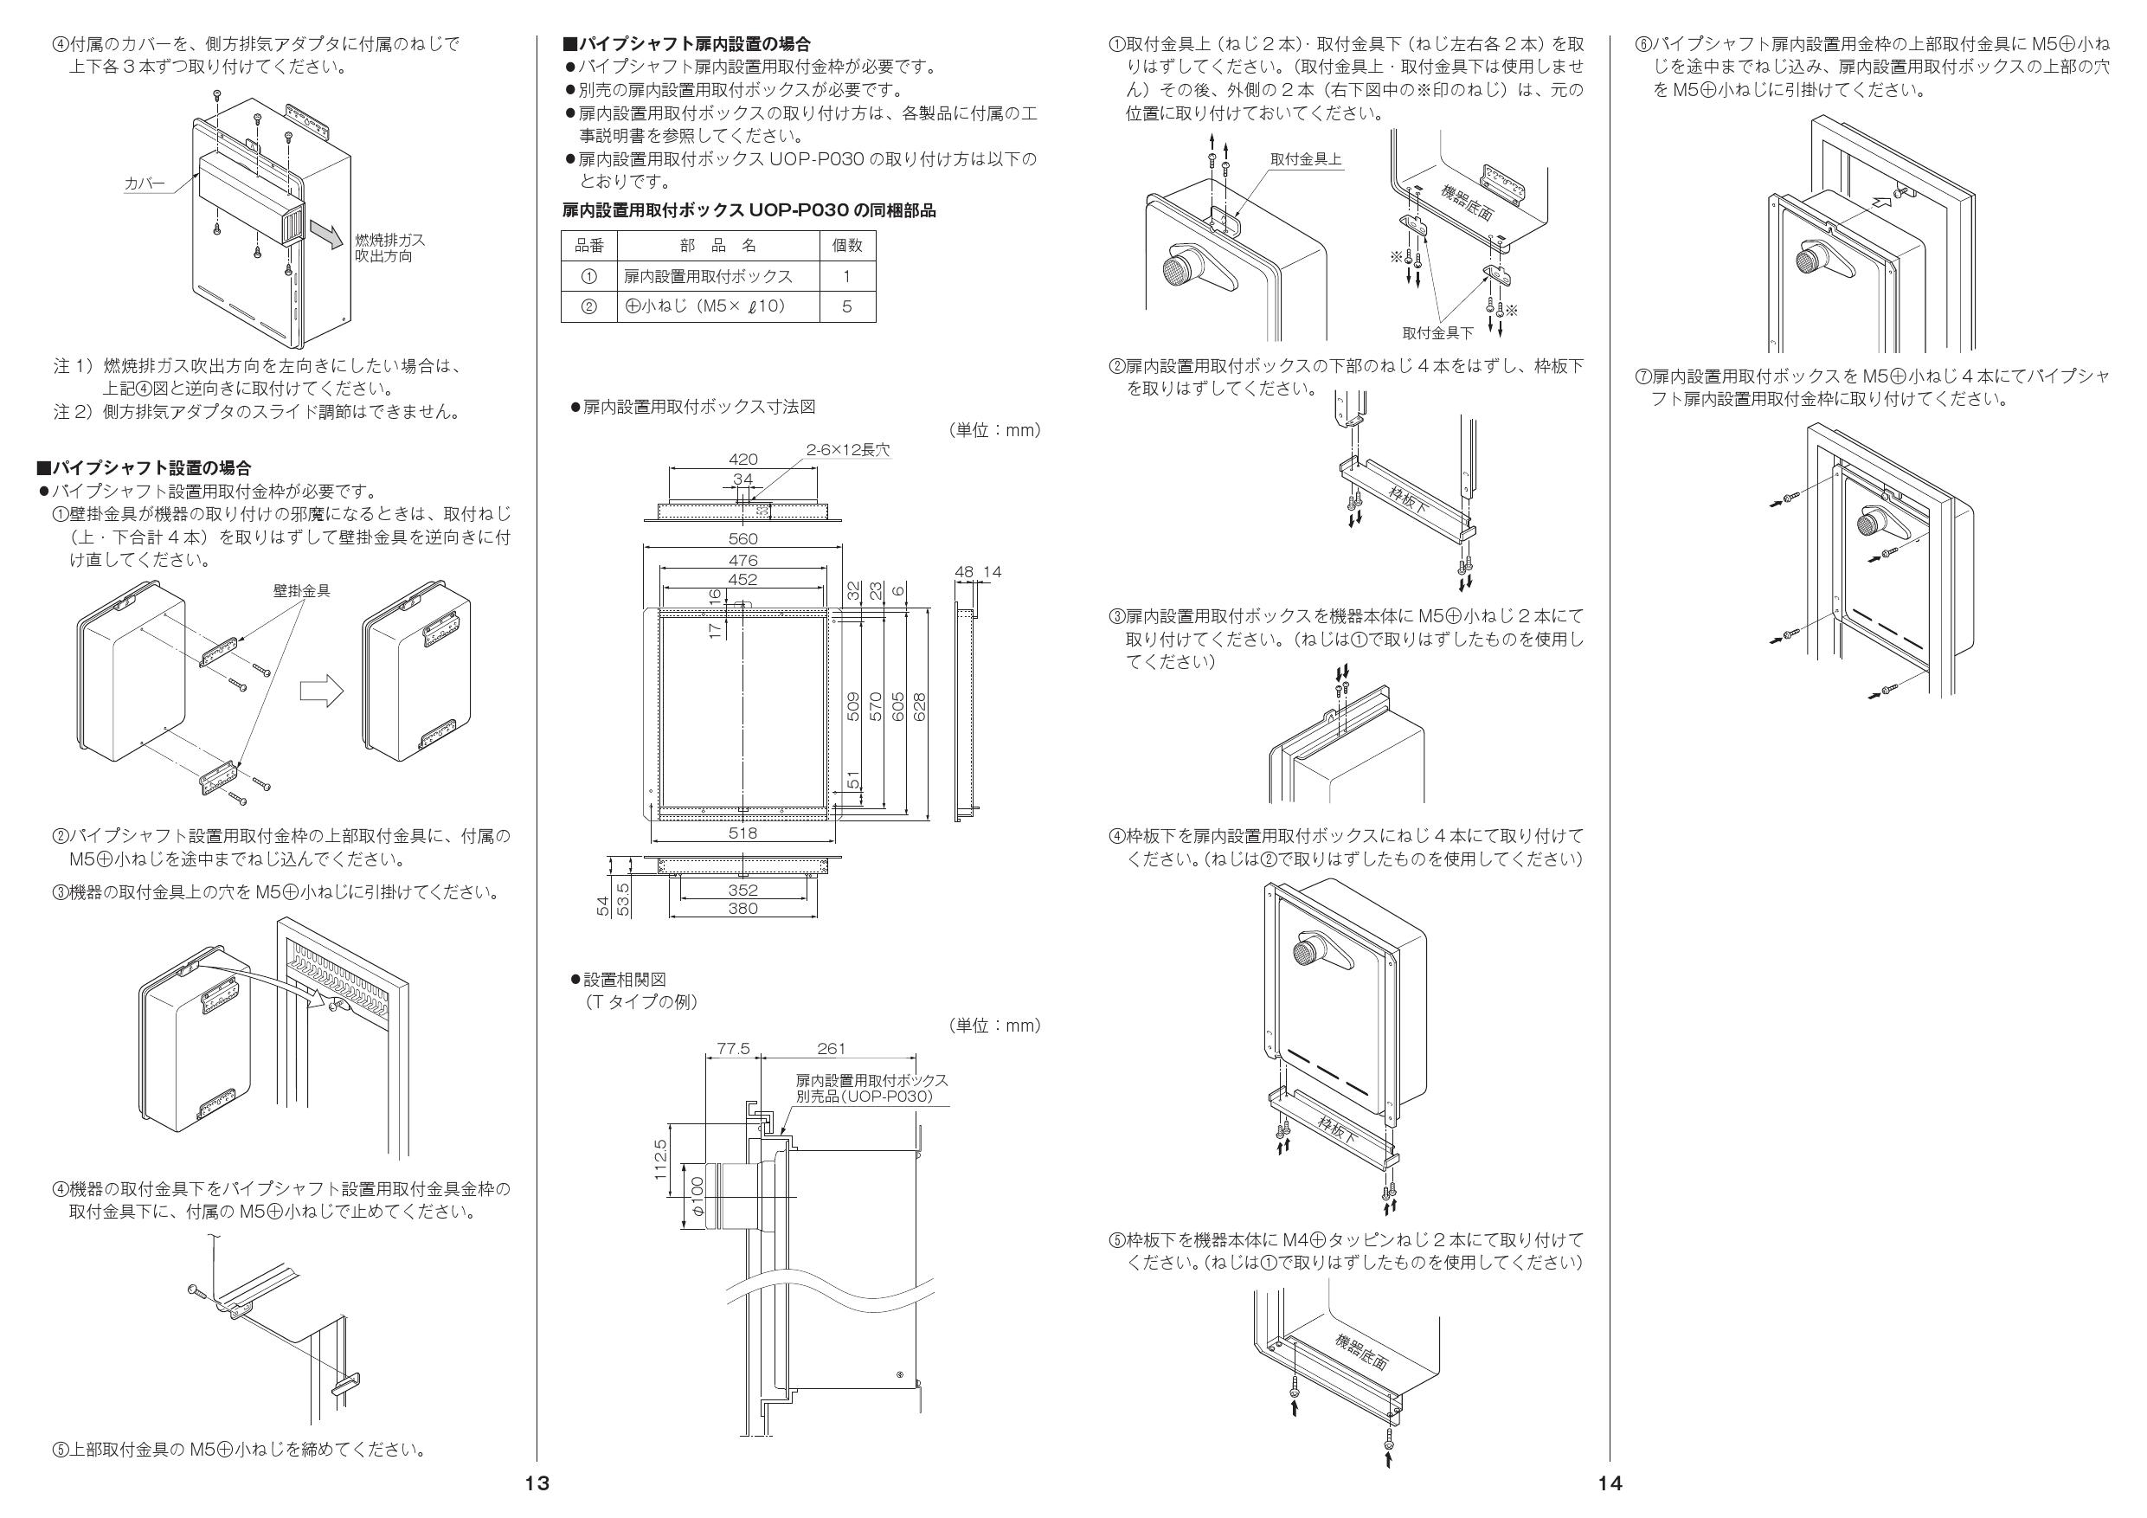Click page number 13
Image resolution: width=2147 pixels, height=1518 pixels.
pos(537,1483)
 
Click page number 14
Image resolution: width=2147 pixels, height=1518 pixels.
pos(1609,1483)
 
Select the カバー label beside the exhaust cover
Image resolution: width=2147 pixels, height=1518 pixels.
pos(145,184)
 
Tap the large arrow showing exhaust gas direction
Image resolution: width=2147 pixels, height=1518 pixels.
pos(326,230)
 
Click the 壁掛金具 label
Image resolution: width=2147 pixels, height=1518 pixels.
pos(301,591)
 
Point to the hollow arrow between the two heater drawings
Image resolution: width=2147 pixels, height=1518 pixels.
pos(322,693)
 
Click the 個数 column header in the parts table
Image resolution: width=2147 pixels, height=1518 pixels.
pos(847,245)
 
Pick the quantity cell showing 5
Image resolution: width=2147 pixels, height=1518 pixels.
pos(847,306)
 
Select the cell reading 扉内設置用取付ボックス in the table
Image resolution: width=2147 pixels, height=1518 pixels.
pos(708,276)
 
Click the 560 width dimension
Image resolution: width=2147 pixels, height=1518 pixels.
pos(742,538)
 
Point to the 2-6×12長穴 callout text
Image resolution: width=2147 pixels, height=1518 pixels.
pos(847,450)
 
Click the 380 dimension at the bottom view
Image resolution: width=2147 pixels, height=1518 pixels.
pos(742,908)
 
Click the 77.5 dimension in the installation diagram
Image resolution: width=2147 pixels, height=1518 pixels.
pos(734,1050)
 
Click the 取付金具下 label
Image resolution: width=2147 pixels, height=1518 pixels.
pos(1437,333)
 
